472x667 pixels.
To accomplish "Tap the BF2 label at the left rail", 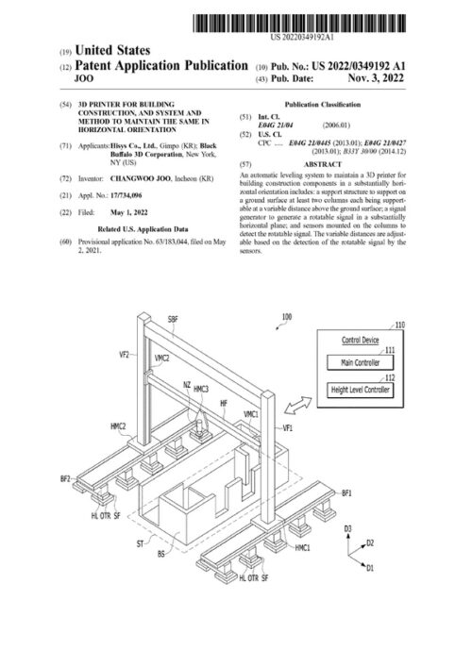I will pyautogui.click(x=65, y=479).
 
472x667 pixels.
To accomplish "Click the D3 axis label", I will pyautogui.click(x=348, y=528).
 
